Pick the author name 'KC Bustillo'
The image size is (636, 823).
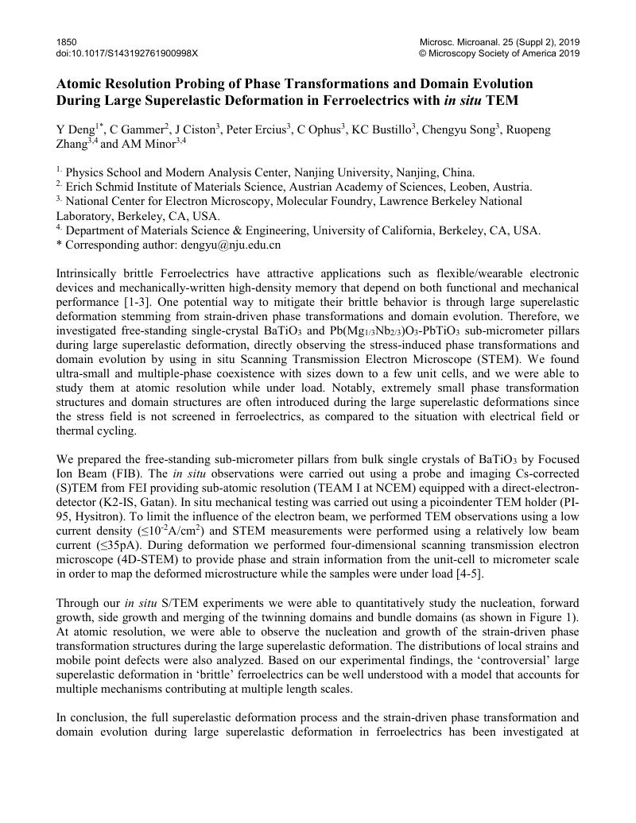click(x=382, y=129)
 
